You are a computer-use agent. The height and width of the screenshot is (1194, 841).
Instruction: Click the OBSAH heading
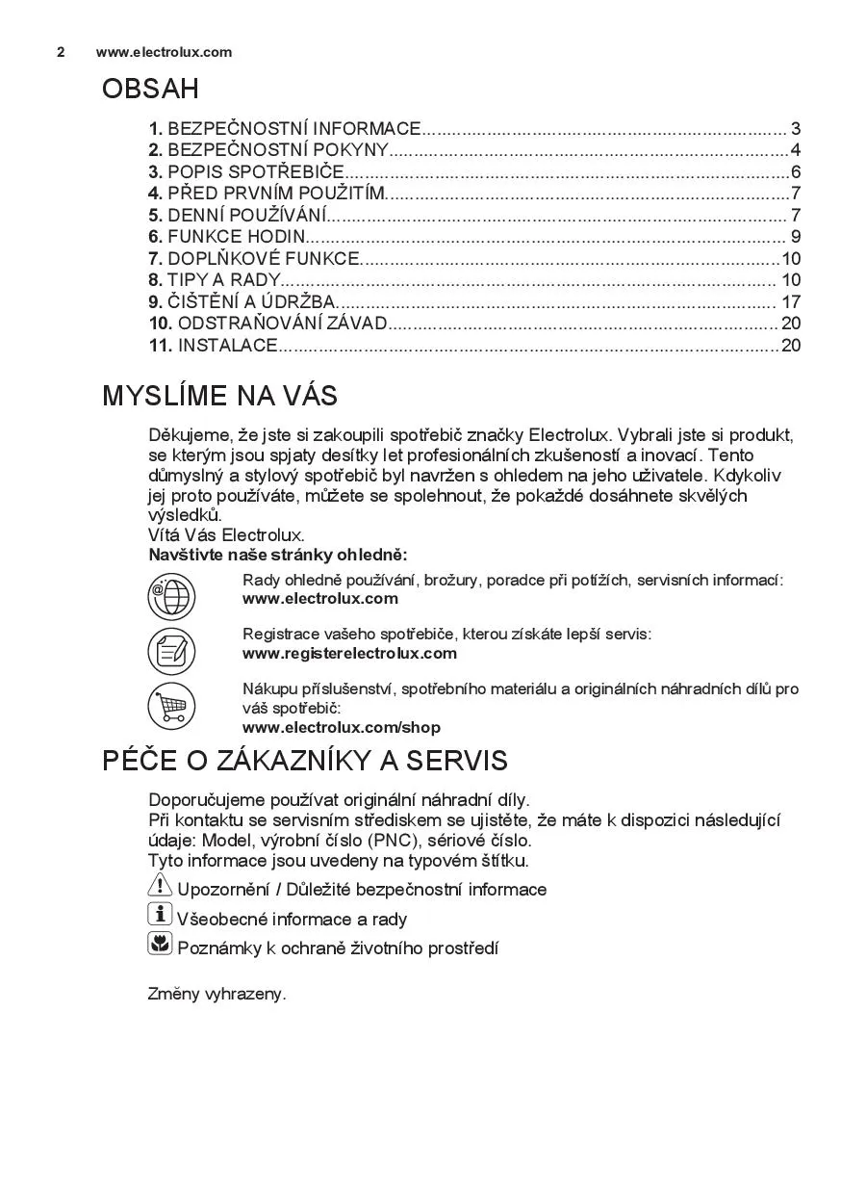pyautogui.click(x=150, y=90)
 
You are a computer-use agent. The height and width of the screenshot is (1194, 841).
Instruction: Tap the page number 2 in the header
pyautogui.click(x=61, y=52)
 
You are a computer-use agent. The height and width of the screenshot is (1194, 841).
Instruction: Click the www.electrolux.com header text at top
pyautogui.click(x=164, y=52)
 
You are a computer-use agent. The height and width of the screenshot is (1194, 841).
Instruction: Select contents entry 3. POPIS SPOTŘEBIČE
pyautogui.click(x=246, y=172)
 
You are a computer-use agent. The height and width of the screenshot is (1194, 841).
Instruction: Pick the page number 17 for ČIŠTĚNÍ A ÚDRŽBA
pyautogui.click(x=791, y=302)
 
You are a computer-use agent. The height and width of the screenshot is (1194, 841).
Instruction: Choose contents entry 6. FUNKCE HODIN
pyautogui.click(x=227, y=237)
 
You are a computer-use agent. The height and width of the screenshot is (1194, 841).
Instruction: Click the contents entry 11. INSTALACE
pyautogui.click(x=213, y=346)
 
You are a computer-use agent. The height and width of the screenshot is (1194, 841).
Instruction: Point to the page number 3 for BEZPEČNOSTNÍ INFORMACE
pyautogui.click(x=796, y=129)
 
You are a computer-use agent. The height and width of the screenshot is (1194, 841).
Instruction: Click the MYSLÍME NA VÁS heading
pyautogui.click(x=219, y=396)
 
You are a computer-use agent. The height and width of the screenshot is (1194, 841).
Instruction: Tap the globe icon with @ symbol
pyautogui.click(x=171, y=596)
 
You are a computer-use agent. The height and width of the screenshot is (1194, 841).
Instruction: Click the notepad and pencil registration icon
pyautogui.click(x=171, y=651)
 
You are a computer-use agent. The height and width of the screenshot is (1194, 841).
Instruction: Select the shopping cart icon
pyautogui.click(x=171, y=706)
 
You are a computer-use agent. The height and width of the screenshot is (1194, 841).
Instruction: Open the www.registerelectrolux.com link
pyautogui.click(x=349, y=654)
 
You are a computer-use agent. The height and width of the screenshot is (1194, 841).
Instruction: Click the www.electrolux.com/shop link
pyautogui.click(x=342, y=728)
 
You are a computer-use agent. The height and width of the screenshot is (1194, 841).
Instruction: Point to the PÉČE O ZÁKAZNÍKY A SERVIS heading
pyautogui.click(x=304, y=761)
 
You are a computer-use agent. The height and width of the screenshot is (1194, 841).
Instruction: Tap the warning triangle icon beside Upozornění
pyautogui.click(x=160, y=887)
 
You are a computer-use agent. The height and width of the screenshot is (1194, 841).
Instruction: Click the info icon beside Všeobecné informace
pyautogui.click(x=160, y=915)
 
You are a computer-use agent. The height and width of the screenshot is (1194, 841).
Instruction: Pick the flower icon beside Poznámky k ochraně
pyautogui.click(x=160, y=945)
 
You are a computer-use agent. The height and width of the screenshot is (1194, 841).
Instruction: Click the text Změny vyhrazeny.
pyautogui.click(x=217, y=995)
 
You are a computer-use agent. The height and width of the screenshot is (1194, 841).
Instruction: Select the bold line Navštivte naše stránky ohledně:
pyautogui.click(x=277, y=555)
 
